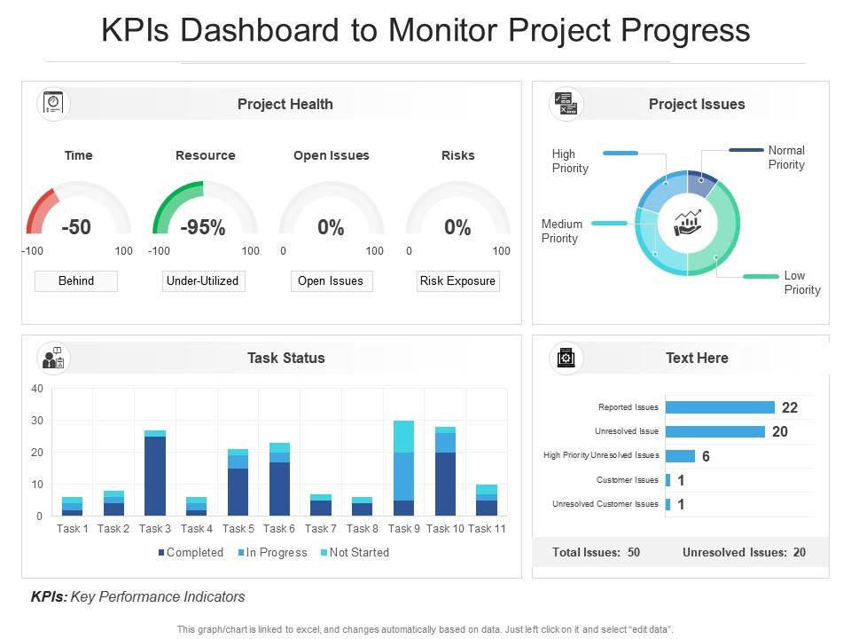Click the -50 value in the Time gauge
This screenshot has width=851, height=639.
[76, 227]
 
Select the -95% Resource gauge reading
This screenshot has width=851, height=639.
[203, 227]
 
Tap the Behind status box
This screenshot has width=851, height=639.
[76, 281]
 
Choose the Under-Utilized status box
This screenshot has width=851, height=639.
[203, 281]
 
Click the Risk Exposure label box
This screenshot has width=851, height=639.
[457, 281]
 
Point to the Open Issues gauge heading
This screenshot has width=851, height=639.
[331, 155]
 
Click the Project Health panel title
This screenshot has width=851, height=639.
[285, 104]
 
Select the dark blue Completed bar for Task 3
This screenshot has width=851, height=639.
[155, 476]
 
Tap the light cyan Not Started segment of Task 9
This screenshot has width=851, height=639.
[403, 437]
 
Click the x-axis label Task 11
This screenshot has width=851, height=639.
[486, 529]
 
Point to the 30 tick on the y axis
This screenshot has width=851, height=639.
[36, 421]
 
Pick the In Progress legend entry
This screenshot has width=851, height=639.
[273, 552]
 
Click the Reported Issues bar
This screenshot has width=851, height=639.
[719, 407]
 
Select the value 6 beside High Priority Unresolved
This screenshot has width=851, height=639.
[706, 456]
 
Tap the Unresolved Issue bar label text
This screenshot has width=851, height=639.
[626, 431]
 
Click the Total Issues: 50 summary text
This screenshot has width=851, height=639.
[596, 552]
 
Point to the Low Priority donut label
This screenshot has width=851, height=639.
[801, 282]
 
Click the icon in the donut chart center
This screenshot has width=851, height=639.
[688, 223]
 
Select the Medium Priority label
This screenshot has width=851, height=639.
[561, 231]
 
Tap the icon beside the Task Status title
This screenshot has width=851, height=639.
[53, 358]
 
